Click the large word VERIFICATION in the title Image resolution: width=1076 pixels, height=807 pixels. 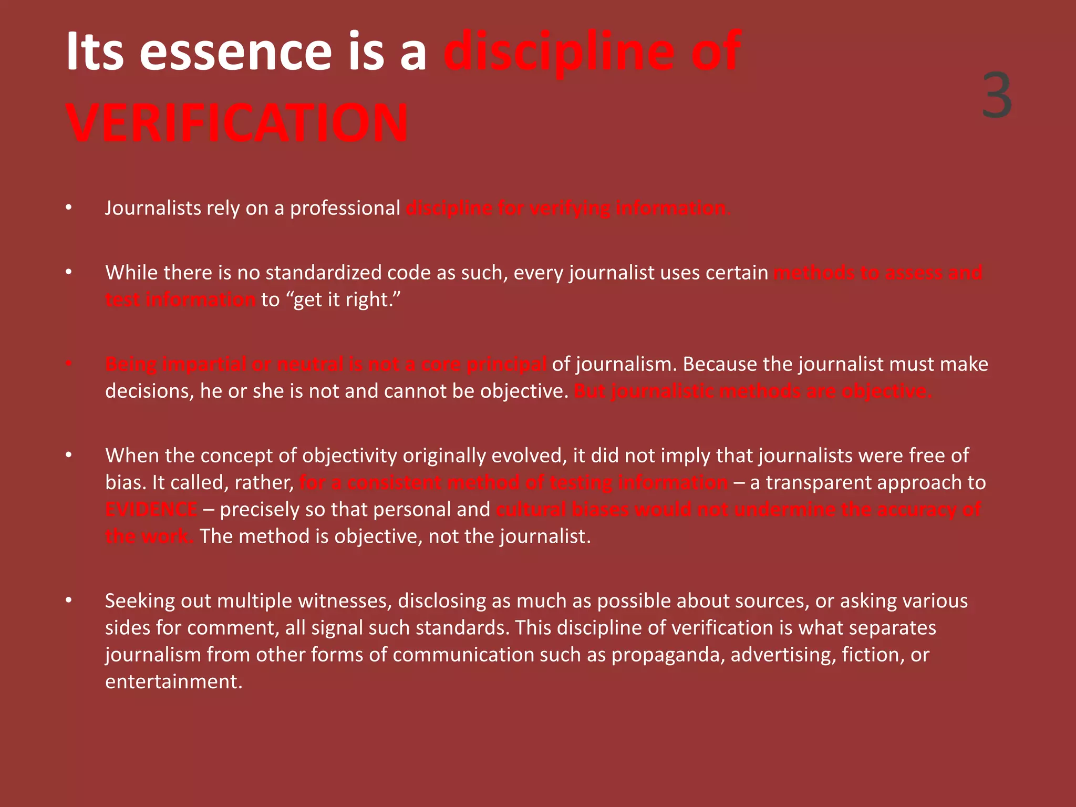[x=236, y=123]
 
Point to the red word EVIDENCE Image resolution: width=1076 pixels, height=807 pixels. [x=151, y=510]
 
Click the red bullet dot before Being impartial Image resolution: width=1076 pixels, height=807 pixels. [x=68, y=364]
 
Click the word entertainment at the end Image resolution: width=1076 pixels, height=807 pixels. [x=173, y=682]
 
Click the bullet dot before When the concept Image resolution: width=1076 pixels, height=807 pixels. [x=68, y=455]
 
